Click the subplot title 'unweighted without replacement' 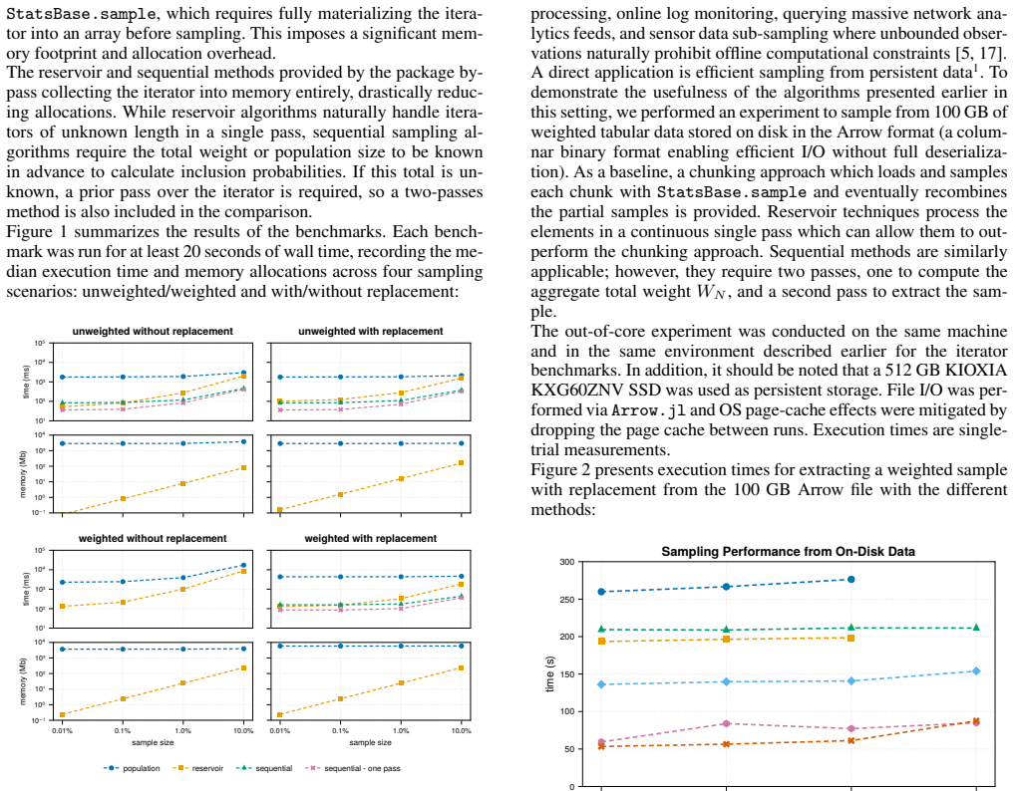coord(153,331)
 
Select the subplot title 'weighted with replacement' coord(370,538)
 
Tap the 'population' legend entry coord(132,768)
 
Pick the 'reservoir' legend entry coord(198,768)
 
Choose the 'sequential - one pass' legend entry coord(353,768)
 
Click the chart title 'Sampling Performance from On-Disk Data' coord(788,552)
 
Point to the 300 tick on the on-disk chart coord(567,562)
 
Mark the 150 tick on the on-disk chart coord(567,673)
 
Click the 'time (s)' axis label coord(550,673)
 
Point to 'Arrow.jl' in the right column coord(649,410)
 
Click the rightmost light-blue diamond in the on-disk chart coord(976,671)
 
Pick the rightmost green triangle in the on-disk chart coord(976,628)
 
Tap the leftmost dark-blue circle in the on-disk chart coord(601,592)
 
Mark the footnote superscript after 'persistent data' coord(974,68)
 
